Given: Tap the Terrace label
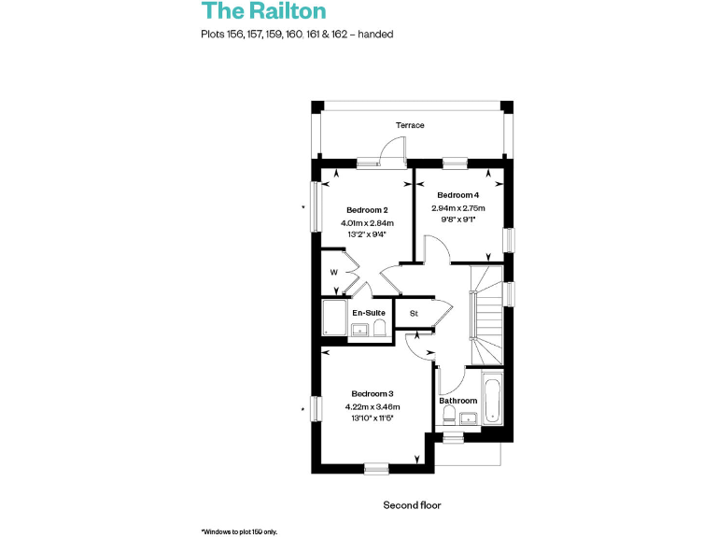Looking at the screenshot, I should pos(410,125).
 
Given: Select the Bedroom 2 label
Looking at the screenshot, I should pos(367,209).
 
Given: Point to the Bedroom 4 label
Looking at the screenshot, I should pos(457,194).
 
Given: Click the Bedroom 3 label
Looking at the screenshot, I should pos(373,393).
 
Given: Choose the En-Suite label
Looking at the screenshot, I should pos(369,312).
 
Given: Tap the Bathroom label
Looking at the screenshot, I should pos(458,401).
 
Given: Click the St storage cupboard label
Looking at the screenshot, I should pos(414,313).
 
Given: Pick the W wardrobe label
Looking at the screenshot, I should pos(333,273).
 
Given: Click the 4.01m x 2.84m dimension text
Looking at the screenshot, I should pos(367,223).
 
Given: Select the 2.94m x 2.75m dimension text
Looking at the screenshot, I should pos(457,208).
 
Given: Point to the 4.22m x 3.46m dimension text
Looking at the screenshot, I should pos(373,407).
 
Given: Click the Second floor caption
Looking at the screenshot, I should pos(412,505).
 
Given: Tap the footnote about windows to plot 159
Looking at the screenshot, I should pos(239,531).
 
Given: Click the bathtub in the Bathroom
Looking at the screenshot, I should pos(492,400).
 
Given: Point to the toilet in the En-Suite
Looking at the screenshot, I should pos(380,328).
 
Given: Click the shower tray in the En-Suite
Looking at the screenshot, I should pos(333,318).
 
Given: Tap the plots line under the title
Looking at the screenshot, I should pos(296,35).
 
